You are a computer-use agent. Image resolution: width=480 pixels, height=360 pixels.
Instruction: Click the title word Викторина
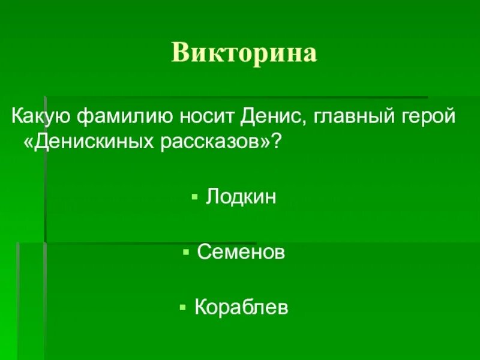[244, 53]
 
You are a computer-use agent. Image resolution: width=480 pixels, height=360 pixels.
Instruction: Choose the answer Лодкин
[241, 197]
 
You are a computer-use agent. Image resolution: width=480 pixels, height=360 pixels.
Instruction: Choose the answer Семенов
[241, 253]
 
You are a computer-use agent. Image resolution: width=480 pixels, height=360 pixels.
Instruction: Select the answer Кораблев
[242, 308]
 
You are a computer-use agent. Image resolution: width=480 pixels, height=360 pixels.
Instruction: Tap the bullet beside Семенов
[187, 253]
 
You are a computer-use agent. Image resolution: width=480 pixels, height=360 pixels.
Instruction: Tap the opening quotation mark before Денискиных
[28, 143]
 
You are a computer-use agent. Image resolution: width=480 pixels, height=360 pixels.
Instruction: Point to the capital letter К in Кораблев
[201, 308]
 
